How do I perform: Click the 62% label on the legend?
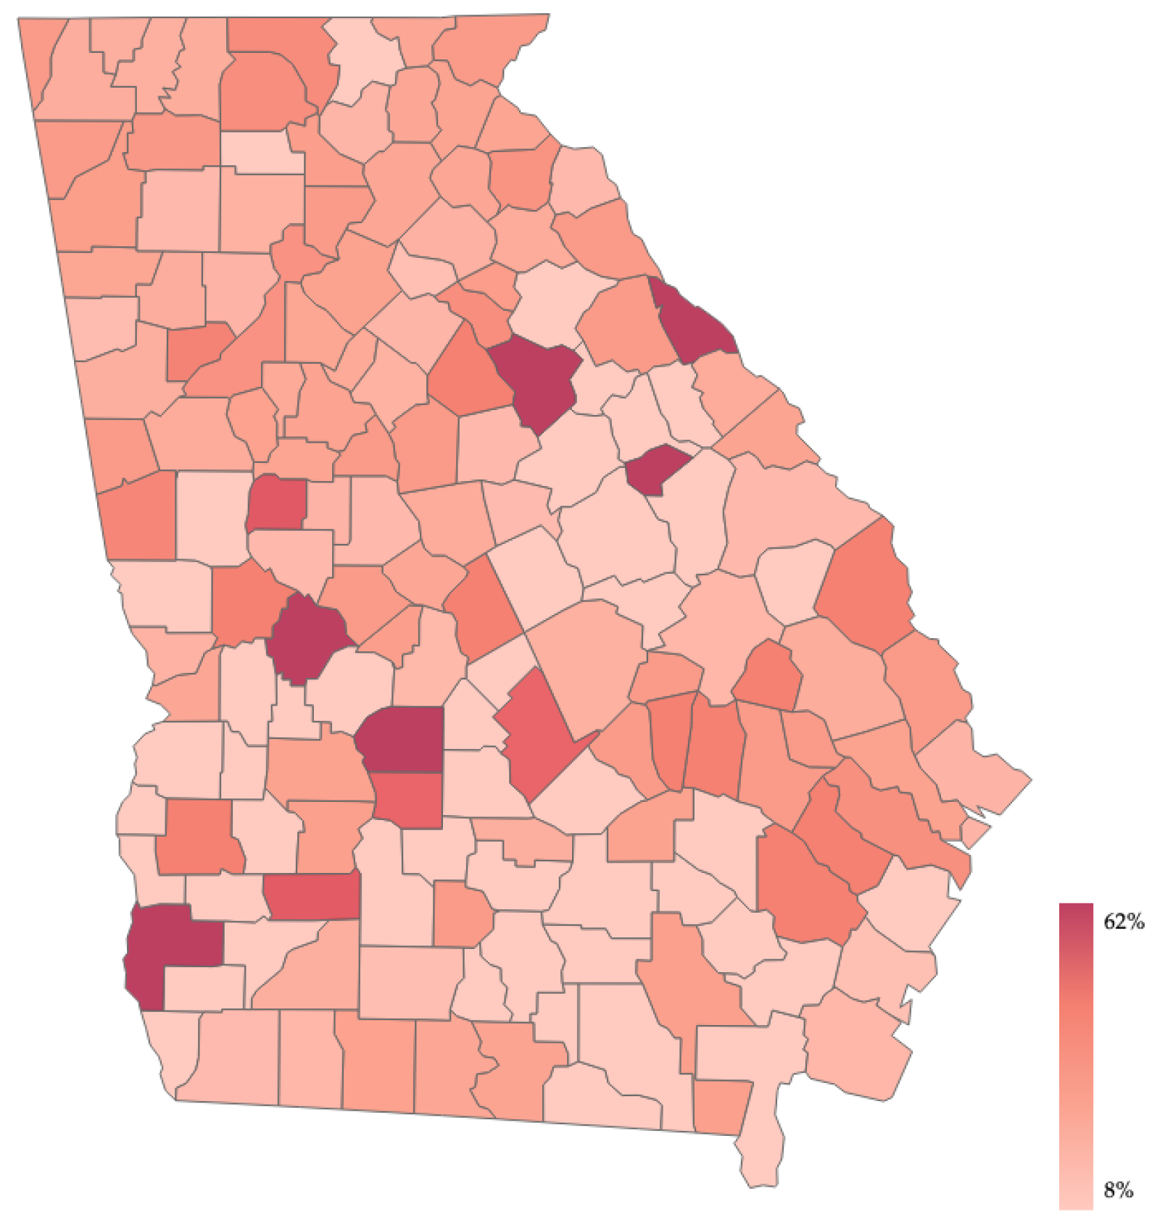point(1123,921)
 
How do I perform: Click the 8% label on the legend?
point(1118,1190)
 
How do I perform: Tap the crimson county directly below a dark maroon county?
point(409,800)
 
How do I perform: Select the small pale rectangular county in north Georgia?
point(261,152)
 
